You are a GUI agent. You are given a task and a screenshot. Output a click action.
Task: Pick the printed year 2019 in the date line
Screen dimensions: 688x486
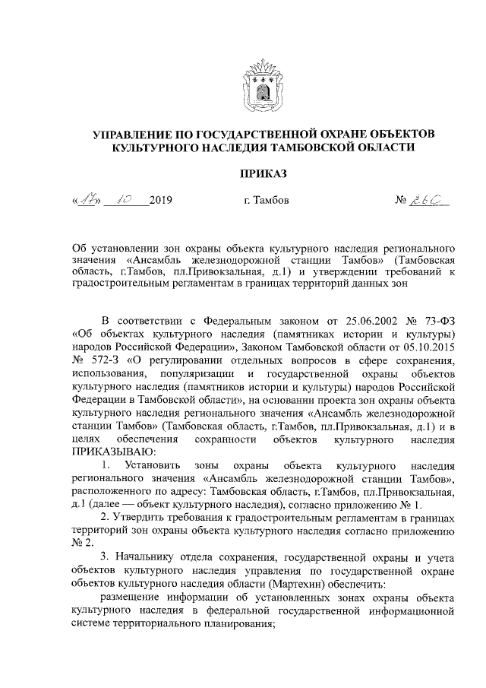point(162,201)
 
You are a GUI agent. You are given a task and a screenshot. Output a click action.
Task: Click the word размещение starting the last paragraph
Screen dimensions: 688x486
point(133,601)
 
